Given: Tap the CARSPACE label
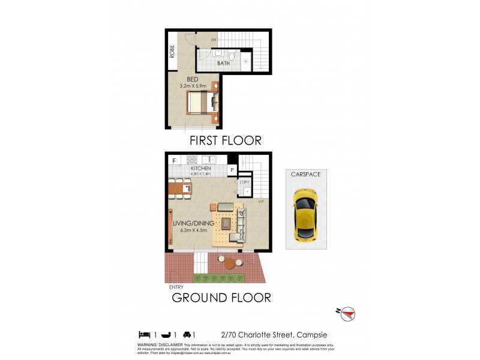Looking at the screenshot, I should click(305, 175).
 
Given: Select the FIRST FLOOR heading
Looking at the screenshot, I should click(225, 140).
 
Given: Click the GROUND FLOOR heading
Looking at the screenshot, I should click(221, 297).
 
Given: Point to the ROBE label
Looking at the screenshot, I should click(173, 52).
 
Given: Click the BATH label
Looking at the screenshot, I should click(223, 62).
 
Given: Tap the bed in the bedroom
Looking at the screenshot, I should click(202, 103).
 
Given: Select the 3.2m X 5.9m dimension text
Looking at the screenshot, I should click(193, 86).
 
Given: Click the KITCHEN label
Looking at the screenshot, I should click(200, 169).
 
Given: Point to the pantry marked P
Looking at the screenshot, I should click(232, 170).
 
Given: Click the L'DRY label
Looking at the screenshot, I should click(245, 182).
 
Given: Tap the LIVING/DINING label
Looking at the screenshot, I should click(190, 223).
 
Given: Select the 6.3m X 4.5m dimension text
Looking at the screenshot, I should click(190, 230).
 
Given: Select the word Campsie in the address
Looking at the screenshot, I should click(311, 335).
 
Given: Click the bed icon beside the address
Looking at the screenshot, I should click(144, 334).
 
